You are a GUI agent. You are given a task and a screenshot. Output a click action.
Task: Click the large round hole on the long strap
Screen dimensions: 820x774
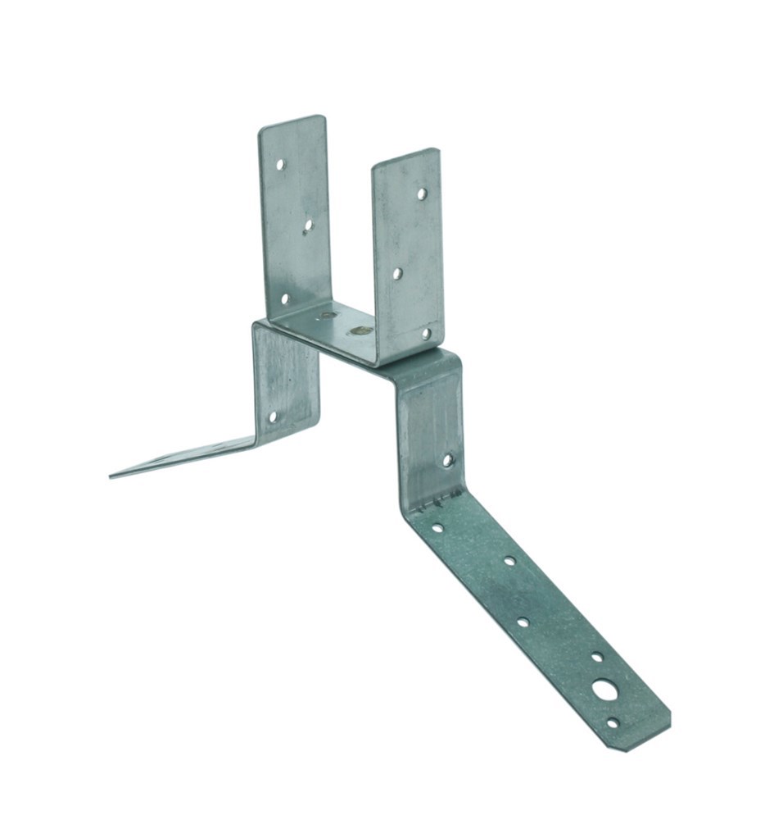pos(605,690)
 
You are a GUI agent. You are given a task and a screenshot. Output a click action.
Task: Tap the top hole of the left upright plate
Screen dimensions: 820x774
pos(280,164)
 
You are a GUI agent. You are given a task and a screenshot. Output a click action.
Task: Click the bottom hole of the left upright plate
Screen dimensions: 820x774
pos(285,299)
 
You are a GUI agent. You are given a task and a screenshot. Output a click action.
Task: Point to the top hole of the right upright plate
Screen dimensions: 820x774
pos(422,194)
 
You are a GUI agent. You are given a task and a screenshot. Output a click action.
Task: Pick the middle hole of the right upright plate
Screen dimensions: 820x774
pos(397,273)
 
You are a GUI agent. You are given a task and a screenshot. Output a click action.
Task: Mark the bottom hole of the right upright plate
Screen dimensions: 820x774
pos(426,334)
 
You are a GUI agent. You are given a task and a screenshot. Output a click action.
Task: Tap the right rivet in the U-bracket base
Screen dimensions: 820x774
pos(358,331)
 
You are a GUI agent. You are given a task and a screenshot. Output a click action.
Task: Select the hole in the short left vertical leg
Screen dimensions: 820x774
pos(273,417)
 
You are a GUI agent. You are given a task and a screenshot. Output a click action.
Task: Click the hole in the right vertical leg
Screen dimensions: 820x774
pos(447,460)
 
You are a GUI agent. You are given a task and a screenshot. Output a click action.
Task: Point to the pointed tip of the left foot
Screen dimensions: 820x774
pos(111,475)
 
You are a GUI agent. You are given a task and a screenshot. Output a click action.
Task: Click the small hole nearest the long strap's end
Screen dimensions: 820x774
pos(613,722)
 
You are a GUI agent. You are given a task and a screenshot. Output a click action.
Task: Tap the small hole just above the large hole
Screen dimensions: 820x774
pos(597,657)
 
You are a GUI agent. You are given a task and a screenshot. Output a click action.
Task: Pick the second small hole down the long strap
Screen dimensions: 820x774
pos(509,562)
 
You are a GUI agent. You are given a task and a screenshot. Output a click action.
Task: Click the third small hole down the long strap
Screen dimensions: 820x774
pos(523,622)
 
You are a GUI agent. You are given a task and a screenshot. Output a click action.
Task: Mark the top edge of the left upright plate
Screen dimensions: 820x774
pos(292,121)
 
